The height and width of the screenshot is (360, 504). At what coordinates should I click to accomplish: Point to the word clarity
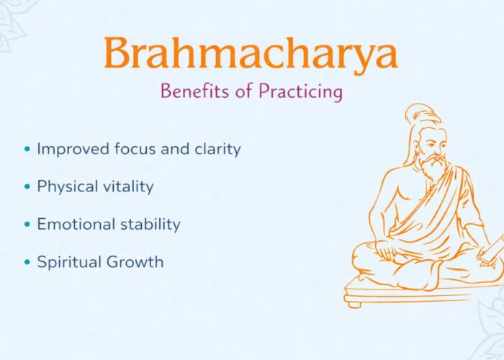tap(214, 149)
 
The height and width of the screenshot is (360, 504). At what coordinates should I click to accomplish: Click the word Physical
tap(66, 186)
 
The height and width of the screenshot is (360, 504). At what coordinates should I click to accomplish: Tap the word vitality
tap(127, 186)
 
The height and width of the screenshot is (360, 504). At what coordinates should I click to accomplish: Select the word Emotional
tap(73, 224)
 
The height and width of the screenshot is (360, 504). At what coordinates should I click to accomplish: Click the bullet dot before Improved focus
tap(27, 150)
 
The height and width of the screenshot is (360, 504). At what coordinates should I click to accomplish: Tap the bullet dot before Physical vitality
tap(27, 187)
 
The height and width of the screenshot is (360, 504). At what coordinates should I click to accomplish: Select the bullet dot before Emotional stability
tap(27, 225)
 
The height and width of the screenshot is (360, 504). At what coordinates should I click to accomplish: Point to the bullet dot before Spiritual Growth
tap(27, 262)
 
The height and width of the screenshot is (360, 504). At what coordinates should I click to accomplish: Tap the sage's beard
tap(432, 170)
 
